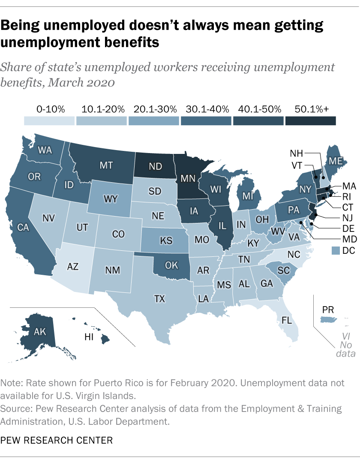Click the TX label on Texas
coord(159,298)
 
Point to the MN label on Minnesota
coord(189,177)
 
